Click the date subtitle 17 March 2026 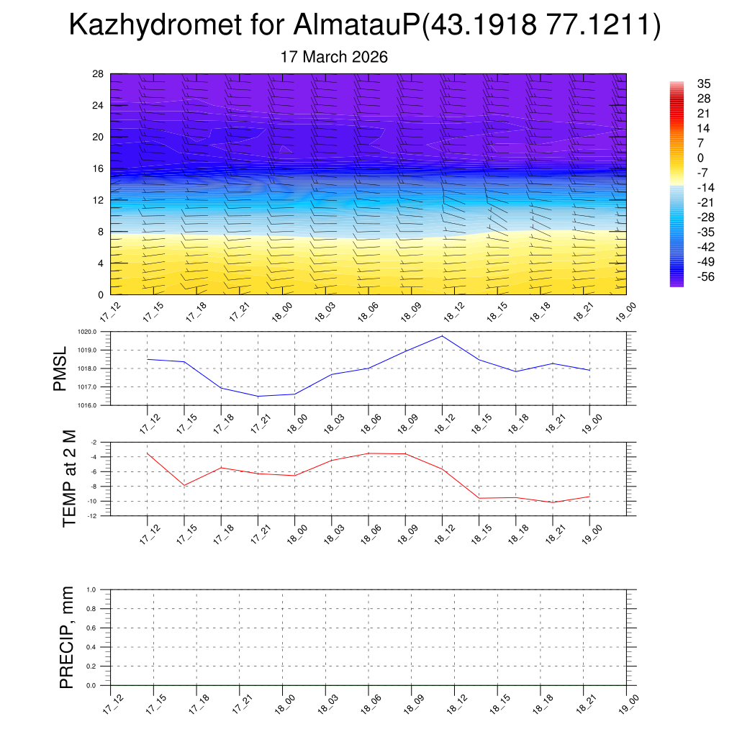[334, 57]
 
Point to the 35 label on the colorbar [704, 83]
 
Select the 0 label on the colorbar [700, 158]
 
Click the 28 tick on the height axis [99, 74]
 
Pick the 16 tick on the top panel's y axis [99, 168]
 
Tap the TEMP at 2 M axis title [69, 479]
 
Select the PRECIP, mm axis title [67, 638]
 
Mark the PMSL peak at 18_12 [442, 336]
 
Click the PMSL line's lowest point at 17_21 [258, 396]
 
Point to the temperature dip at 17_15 [184, 485]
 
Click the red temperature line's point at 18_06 [368, 453]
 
